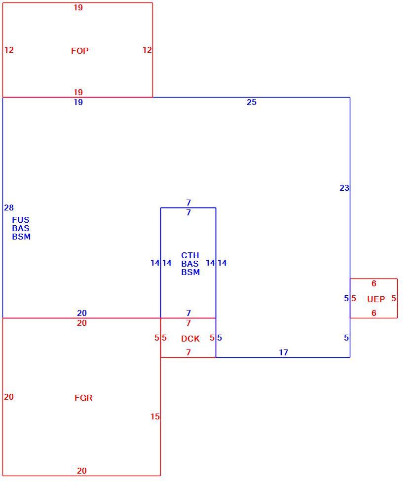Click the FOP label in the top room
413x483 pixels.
[79, 51]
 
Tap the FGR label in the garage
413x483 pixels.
[83, 398]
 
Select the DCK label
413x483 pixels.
[190, 339]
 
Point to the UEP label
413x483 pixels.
[376, 299]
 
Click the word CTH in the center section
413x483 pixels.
[190, 255]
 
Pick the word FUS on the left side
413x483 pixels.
[21, 220]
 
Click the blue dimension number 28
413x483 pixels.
[9, 207]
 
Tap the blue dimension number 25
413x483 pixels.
[251, 103]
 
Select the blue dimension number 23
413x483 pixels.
[344, 188]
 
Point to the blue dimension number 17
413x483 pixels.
[283, 352]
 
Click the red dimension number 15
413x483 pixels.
[155, 416]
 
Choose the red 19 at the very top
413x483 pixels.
[78, 7]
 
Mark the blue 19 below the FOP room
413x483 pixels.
[78, 103]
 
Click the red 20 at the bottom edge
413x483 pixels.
[82, 471]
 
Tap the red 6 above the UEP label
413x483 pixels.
[374, 283]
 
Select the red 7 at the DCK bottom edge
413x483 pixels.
[188, 352]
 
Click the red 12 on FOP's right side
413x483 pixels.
[147, 50]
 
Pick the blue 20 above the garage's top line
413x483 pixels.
[82, 313]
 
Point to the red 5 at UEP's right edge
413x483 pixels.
[394, 298]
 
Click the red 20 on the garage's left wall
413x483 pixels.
[9, 397]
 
